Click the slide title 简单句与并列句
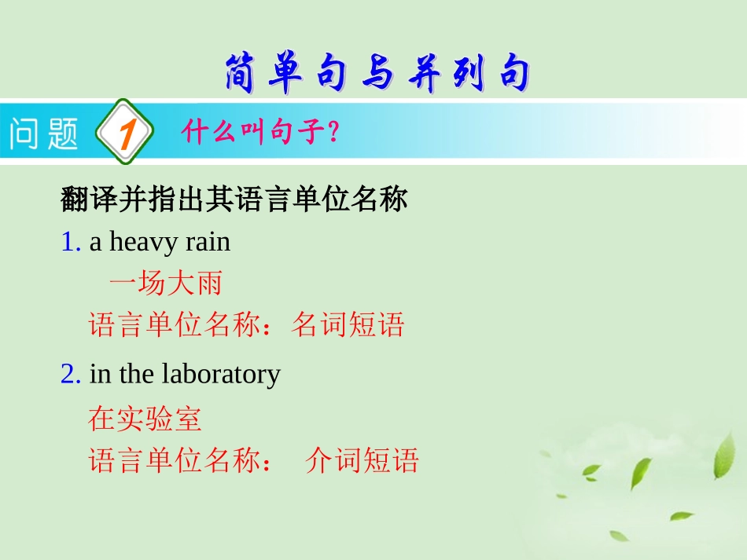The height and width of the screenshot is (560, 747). click(376, 74)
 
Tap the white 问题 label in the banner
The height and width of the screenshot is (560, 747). click(44, 133)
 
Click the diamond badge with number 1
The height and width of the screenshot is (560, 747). click(124, 133)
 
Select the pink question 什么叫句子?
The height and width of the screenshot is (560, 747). click(259, 132)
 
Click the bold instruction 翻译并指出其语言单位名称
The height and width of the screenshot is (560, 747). click(234, 200)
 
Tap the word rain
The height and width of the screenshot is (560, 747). click(208, 242)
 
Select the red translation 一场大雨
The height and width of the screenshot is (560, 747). click(165, 284)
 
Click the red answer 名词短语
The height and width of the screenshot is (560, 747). click(348, 324)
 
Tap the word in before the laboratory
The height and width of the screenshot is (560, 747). click(101, 374)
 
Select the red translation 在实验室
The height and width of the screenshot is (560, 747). click(145, 419)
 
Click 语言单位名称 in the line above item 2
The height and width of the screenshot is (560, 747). click(174, 324)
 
